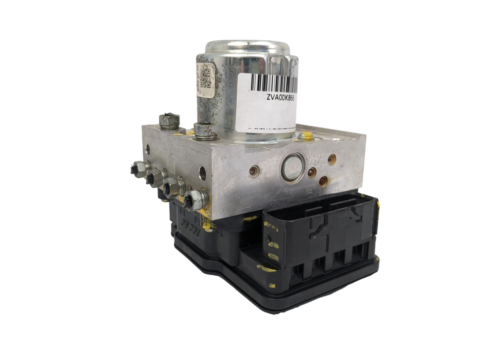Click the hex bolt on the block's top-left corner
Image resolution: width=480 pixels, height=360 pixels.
pos(169,121)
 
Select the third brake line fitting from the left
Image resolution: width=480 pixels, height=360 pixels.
pos(173,186)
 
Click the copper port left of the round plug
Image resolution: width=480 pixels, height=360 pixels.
pos(253,172)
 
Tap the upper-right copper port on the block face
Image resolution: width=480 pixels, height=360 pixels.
pos(332,160)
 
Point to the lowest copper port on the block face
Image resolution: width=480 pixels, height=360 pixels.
pos(324,181)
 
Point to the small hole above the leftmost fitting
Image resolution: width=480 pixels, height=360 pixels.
pos(148,150)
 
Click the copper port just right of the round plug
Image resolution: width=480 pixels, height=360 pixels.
pos(312,173)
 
